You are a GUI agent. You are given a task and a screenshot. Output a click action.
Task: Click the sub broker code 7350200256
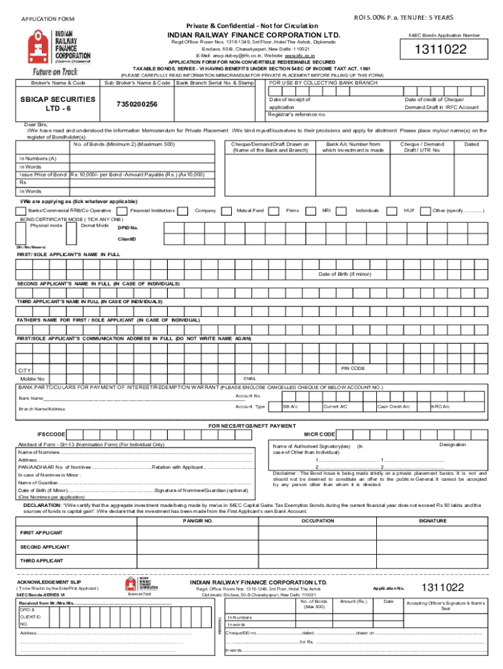pyautogui.click(x=137, y=105)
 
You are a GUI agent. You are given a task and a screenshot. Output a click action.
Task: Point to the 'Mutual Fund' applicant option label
pyautogui.click(x=250, y=210)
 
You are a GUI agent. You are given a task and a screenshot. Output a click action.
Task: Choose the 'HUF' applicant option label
pyautogui.click(x=410, y=210)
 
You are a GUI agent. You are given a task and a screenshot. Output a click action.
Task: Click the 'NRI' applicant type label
pyautogui.click(x=326, y=210)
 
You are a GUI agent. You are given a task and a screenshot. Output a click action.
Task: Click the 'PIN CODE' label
pyautogui.click(x=353, y=368)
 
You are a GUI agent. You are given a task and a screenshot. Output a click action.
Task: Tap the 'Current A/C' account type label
pyautogui.click(x=335, y=406)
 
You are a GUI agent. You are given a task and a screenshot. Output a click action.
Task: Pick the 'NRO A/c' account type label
pyautogui.click(x=440, y=406)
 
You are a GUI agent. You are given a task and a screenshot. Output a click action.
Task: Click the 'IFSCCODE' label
pyautogui.click(x=51, y=434)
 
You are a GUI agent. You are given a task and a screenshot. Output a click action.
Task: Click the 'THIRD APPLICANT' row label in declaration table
pyautogui.click(x=41, y=561)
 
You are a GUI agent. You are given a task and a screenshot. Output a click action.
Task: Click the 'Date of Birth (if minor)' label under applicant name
pyautogui.click(x=344, y=274)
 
